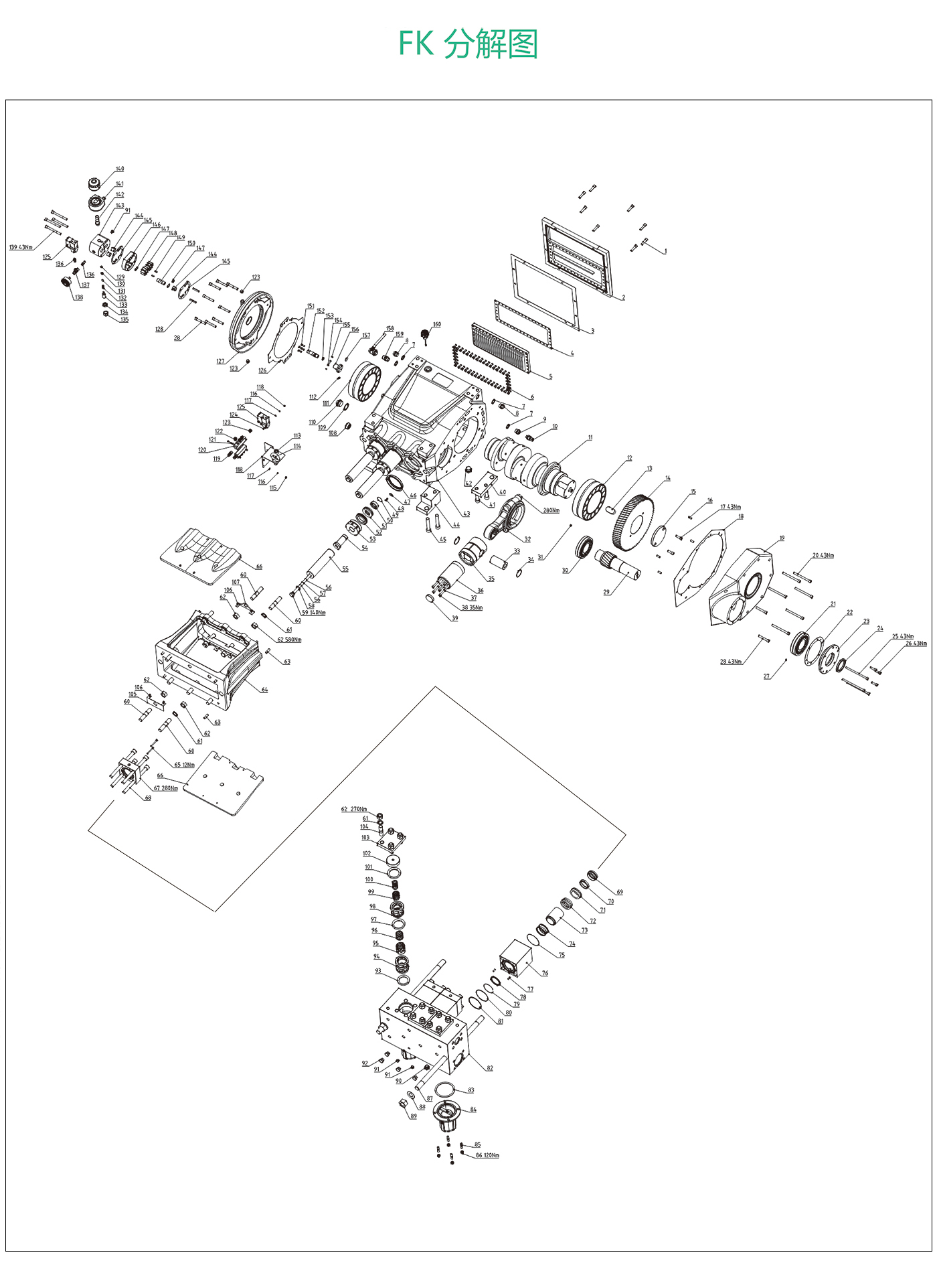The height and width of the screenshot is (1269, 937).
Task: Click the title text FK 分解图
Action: [468, 44]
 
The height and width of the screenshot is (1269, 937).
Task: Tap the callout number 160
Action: [437, 325]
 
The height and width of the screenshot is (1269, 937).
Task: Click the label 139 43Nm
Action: [21, 248]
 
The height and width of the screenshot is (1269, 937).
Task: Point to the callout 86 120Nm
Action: [487, 1155]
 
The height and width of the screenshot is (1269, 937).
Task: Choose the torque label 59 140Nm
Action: [314, 613]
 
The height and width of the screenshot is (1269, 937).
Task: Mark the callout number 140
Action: [120, 169]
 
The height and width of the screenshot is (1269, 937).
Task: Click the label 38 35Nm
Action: [472, 608]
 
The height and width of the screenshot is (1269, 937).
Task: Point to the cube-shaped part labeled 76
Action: [515, 958]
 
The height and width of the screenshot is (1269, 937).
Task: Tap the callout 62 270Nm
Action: [354, 810]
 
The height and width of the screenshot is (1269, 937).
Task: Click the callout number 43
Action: [466, 514]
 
